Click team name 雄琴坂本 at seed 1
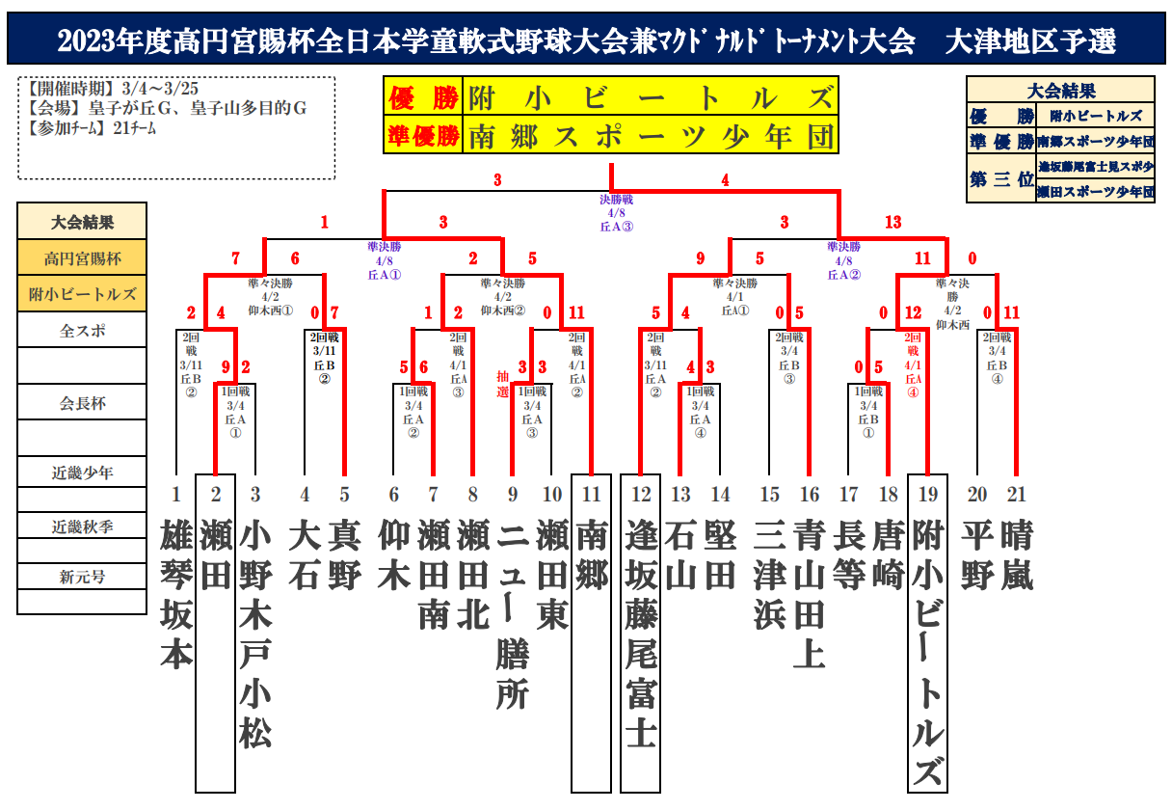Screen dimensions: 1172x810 pyautogui.click(x=176, y=593)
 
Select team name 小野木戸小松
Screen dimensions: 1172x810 pyautogui.click(x=255, y=633)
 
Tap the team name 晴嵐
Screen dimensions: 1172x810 pyautogui.click(x=1017, y=554)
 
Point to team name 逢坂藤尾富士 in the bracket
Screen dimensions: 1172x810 pyautogui.click(x=641, y=633)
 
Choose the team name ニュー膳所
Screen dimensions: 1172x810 pyautogui.click(x=513, y=613)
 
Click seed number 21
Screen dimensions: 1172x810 pyautogui.click(x=1017, y=495)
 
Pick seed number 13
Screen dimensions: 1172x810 pyautogui.click(x=681, y=495)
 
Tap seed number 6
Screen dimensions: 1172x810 pyautogui.click(x=393, y=495)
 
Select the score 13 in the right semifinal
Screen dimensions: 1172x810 pyautogui.click(x=892, y=223)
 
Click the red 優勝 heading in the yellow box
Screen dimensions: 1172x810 pyautogui.click(x=422, y=97)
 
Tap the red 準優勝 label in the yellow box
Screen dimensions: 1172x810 pyautogui.click(x=422, y=136)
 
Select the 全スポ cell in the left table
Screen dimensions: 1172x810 pyautogui.click(x=82, y=330)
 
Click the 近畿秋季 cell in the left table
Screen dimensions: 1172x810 pyautogui.click(x=82, y=526)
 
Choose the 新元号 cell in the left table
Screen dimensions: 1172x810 pyautogui.click(x=82, y=577)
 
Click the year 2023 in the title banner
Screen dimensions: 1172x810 pyautogui.click(x=86, y=41)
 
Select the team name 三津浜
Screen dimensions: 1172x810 pyautogui.click(x=769, y=574)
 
